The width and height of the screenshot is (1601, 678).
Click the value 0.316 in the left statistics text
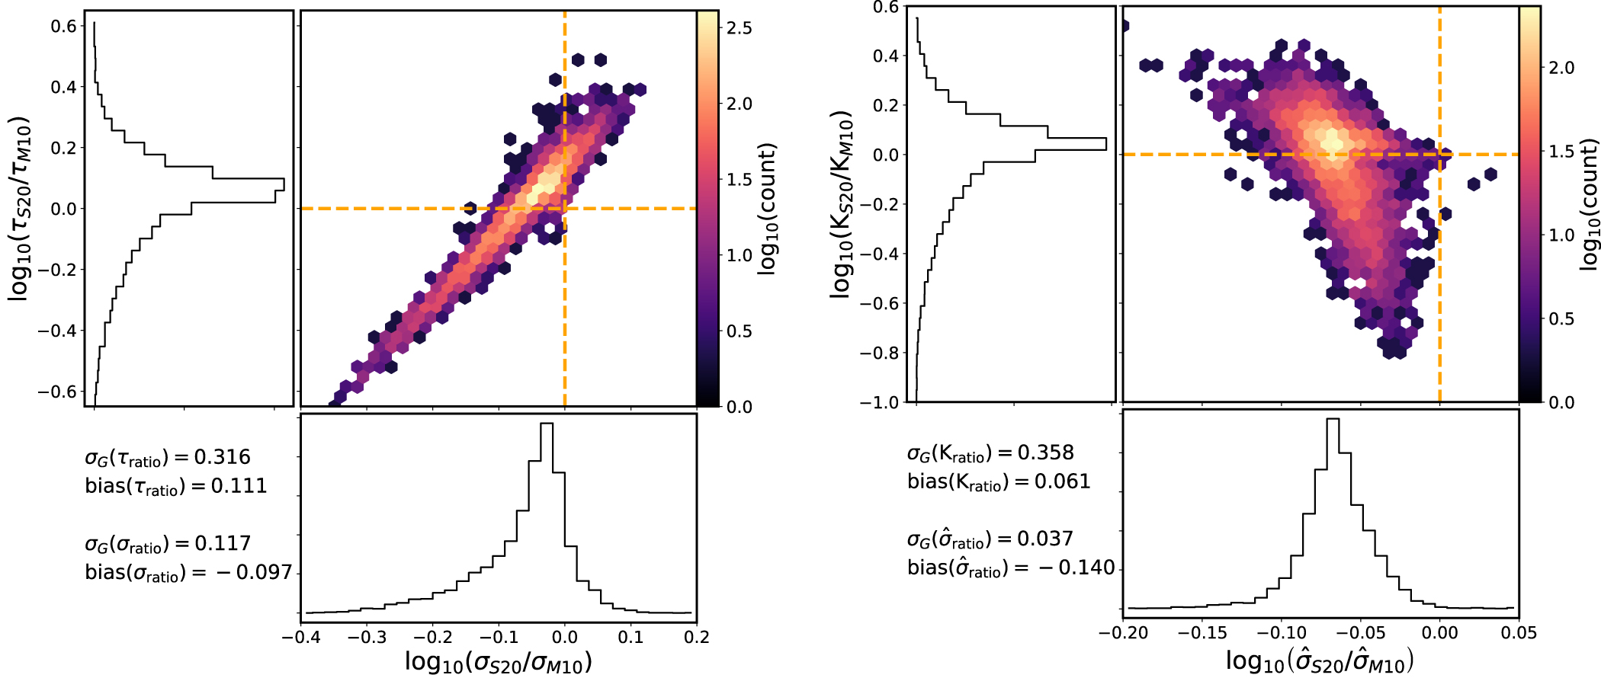(x=222, y=457)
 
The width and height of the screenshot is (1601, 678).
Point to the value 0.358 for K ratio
(x=1045, y=453)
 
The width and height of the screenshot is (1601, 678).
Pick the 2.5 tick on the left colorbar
(x=739, y=28)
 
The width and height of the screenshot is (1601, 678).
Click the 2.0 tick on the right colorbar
(x=1561, y=68)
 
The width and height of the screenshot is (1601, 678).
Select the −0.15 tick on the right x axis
(x=1202, y=633)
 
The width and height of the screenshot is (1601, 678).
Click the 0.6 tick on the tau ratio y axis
(x=63, y=26)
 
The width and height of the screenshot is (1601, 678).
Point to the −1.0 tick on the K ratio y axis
(x=879, y=402)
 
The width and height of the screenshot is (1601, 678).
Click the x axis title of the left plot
(x=498, y=661)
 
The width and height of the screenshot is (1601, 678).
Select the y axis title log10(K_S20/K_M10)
(x=841, y=204)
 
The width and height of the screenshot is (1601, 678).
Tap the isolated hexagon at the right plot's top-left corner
(x=1125, y=26)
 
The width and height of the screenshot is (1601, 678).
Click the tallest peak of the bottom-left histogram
(x=547, y=427)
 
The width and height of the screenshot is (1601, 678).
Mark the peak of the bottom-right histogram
(x=1333, y=421)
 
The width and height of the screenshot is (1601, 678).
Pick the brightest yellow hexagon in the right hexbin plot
(x=1333, y=140)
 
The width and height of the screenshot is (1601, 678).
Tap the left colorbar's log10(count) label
(x=767, y=208)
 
